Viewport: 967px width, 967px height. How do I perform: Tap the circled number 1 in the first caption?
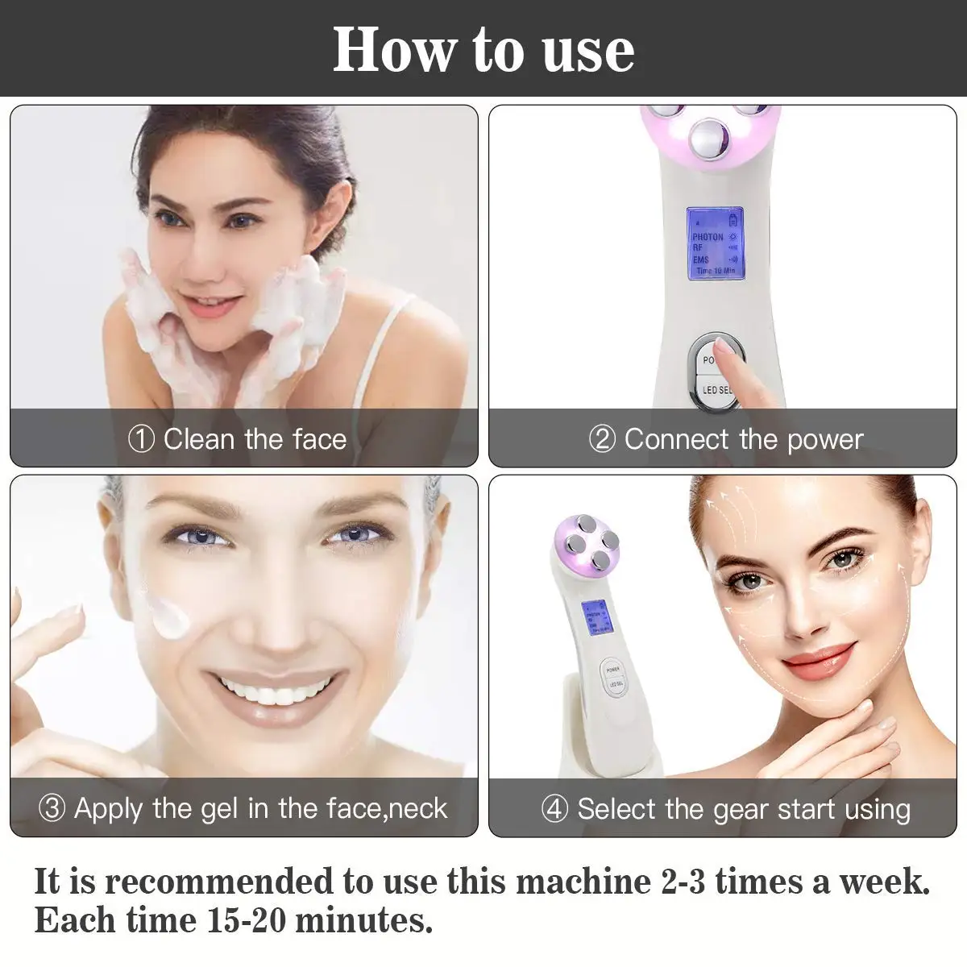141,440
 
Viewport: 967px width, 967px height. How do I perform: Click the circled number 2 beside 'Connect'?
602,440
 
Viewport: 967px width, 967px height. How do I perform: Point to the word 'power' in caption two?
825,440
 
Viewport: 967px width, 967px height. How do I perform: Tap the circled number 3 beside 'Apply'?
52,808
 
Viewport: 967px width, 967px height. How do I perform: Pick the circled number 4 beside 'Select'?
554,809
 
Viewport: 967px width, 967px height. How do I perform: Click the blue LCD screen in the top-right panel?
713,243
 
